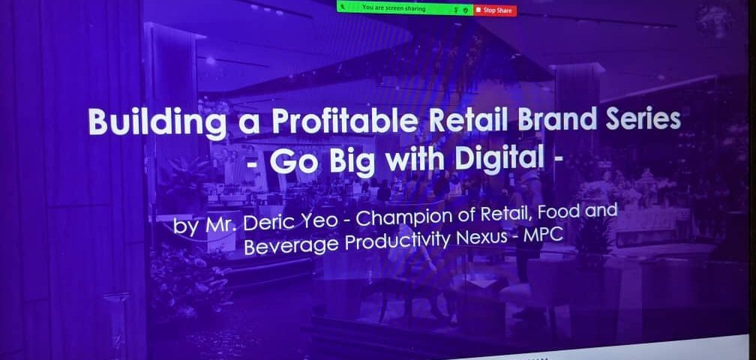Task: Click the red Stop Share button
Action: coord(495,10)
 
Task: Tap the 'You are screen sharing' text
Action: coord(394,8)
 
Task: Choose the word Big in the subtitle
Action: coord(352,163)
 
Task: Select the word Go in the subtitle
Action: coord(295,163)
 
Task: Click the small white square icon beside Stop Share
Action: coord(478,10)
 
